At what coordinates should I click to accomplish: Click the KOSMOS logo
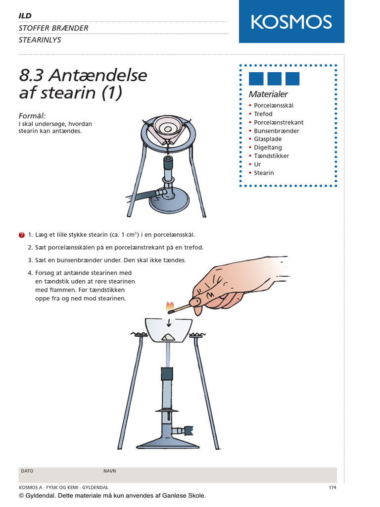(x=291, y=22)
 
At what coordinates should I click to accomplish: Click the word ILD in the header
(x=25, y=16)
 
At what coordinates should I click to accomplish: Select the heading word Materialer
(x=268, y=94)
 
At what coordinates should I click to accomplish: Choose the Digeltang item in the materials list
(x=268, y=148)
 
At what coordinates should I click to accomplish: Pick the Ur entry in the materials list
(x=257, y=164)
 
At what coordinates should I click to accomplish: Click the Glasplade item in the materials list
(x=268, y=139)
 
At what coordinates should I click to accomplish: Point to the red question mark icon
(x=21, y=235)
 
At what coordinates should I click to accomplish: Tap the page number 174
(x=332, y=488)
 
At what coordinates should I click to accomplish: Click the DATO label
(x=27, y=471)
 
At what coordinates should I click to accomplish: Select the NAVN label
(x=109, y=471)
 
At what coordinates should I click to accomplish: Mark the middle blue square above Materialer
(x=274, y=79)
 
